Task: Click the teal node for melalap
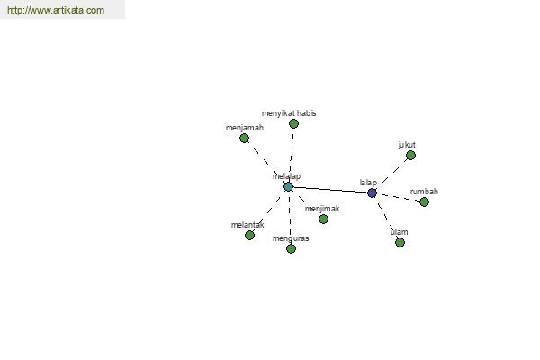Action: pyautogui.click(x=289, y=187)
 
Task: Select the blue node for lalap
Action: pyautogui.click(x=372, y=193)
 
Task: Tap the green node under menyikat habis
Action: pyautogui.click(x=293, y=123)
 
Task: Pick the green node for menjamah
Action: pyautogui.click(x=245, y=138)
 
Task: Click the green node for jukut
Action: pyautogui.click(x=410, y=156)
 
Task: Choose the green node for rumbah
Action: pyautogui.click(x=424, y=202)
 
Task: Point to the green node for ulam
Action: pyautogui.click(x=400, y=242)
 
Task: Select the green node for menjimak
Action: pyautogui.click(x=323, y=219)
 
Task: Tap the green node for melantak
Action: pyautogui.click(x=249, y=235)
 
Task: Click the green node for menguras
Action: pyautogui.click(x=291, y=248)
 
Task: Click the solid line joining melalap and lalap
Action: pyautogui.click(x=330, y=190)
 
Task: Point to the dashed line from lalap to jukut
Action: pyautogui.click(x=391, y=174)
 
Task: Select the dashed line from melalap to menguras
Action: pyautogui.click(x=290, y=218)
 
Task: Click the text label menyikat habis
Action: pyautogui.click(x=289, y=113)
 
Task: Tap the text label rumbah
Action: pyautogui.click(x=424, y=192)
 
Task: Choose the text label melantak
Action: pyautogui.click(x=247, y=225)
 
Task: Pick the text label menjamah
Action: pyautogui.click(x=245, y=128)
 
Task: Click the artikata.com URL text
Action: pyautogui.click(x=56, y=10)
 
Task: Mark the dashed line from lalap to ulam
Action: pyautogui.click(x=386, y=218)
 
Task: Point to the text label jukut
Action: pyautogui.click(x=407, y=145)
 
